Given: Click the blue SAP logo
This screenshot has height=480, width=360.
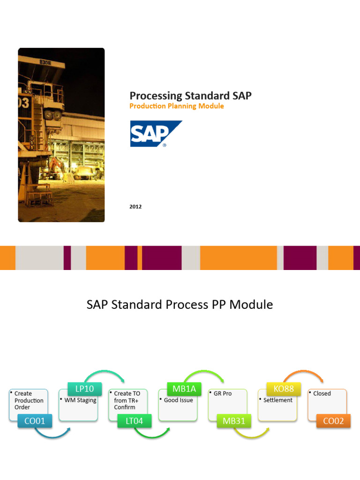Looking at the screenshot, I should tap(156, 134).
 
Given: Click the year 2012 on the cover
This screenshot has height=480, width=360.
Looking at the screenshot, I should tap(135, 206).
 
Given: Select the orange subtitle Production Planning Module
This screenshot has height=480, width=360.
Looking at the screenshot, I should tap(176, 106).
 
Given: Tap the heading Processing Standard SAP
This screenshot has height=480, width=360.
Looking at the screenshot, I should tap(190, 96).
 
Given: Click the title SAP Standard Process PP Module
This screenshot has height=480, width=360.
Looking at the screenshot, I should tap(180, 305).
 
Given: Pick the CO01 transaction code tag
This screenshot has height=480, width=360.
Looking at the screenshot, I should tap(35, 421).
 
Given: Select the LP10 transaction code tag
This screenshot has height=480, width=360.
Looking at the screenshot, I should tap(84, 389).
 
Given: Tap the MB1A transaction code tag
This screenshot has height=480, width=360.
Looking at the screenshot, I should tap(184, 389).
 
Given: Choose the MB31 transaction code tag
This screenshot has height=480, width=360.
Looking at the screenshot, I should tap(234, 421).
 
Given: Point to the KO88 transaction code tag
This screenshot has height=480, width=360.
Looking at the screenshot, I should tap(284, 389).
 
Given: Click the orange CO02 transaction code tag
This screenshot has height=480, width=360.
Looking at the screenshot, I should tap(333, 421).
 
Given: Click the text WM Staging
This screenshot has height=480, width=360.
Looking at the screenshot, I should tap(80, 400).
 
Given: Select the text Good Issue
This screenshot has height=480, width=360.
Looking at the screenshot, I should tap(178, 400).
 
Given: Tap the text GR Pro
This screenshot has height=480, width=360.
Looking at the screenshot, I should tap(223, 394).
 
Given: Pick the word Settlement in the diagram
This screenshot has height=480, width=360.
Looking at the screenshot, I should tap(277, 400).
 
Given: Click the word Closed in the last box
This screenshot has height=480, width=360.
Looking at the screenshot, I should tap(322, 394).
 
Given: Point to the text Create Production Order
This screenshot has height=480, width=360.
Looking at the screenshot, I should tap(29, 400).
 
